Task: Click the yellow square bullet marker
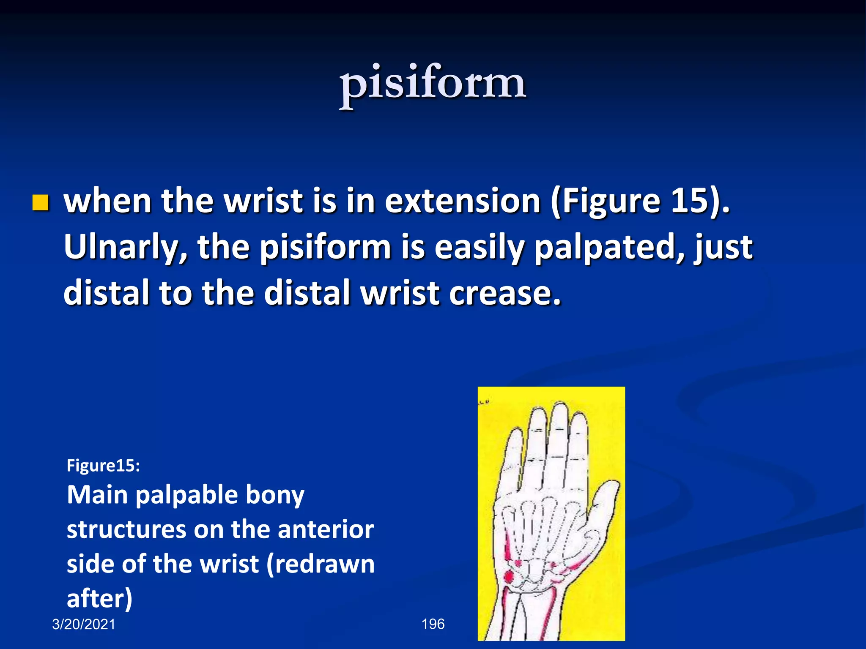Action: click(x=41, y=203)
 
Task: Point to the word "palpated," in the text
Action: click(x=609, y=247)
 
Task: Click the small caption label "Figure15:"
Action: click(x=103, y=466)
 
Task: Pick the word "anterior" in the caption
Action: click(x=326, y=529)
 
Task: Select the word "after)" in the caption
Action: click(x=100, y=599)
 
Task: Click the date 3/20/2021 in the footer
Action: click(x=84, y=624)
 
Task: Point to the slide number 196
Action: click(x=433, y=624)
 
